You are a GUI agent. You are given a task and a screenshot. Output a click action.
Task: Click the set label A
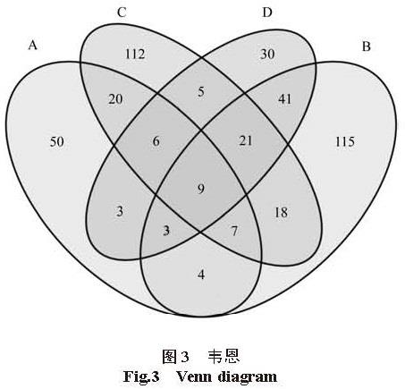coord(33,46)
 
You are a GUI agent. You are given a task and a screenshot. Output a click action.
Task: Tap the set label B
coord(367,47)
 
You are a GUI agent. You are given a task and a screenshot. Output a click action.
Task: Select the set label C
coord(122,13)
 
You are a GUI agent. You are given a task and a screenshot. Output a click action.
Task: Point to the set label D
coord(267,13)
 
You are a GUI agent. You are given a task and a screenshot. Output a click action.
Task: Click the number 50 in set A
coord(56,141)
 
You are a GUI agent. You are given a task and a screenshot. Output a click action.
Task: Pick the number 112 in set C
coord(135,54)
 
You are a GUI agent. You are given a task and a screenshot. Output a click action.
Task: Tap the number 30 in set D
coord(267,54)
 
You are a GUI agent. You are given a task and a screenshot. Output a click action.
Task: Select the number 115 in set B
coord(345,141)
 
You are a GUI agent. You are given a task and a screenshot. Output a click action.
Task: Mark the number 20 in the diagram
coord(115,99)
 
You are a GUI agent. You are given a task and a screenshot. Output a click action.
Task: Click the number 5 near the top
coord(201,92)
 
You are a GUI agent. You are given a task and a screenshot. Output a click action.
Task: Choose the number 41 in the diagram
coord(284,99)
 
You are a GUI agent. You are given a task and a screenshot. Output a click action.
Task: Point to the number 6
coord(156,141)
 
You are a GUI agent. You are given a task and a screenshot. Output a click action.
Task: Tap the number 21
coord(246,140)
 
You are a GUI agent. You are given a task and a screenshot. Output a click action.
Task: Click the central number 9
coord(201,189)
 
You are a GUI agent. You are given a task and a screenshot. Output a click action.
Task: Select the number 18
coord(281,213)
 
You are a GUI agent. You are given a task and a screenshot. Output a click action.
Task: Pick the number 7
coord(234,231)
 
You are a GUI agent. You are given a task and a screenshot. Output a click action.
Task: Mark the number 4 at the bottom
coord(201,275)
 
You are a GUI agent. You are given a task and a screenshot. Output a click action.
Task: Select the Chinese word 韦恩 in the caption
coord(224,357)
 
